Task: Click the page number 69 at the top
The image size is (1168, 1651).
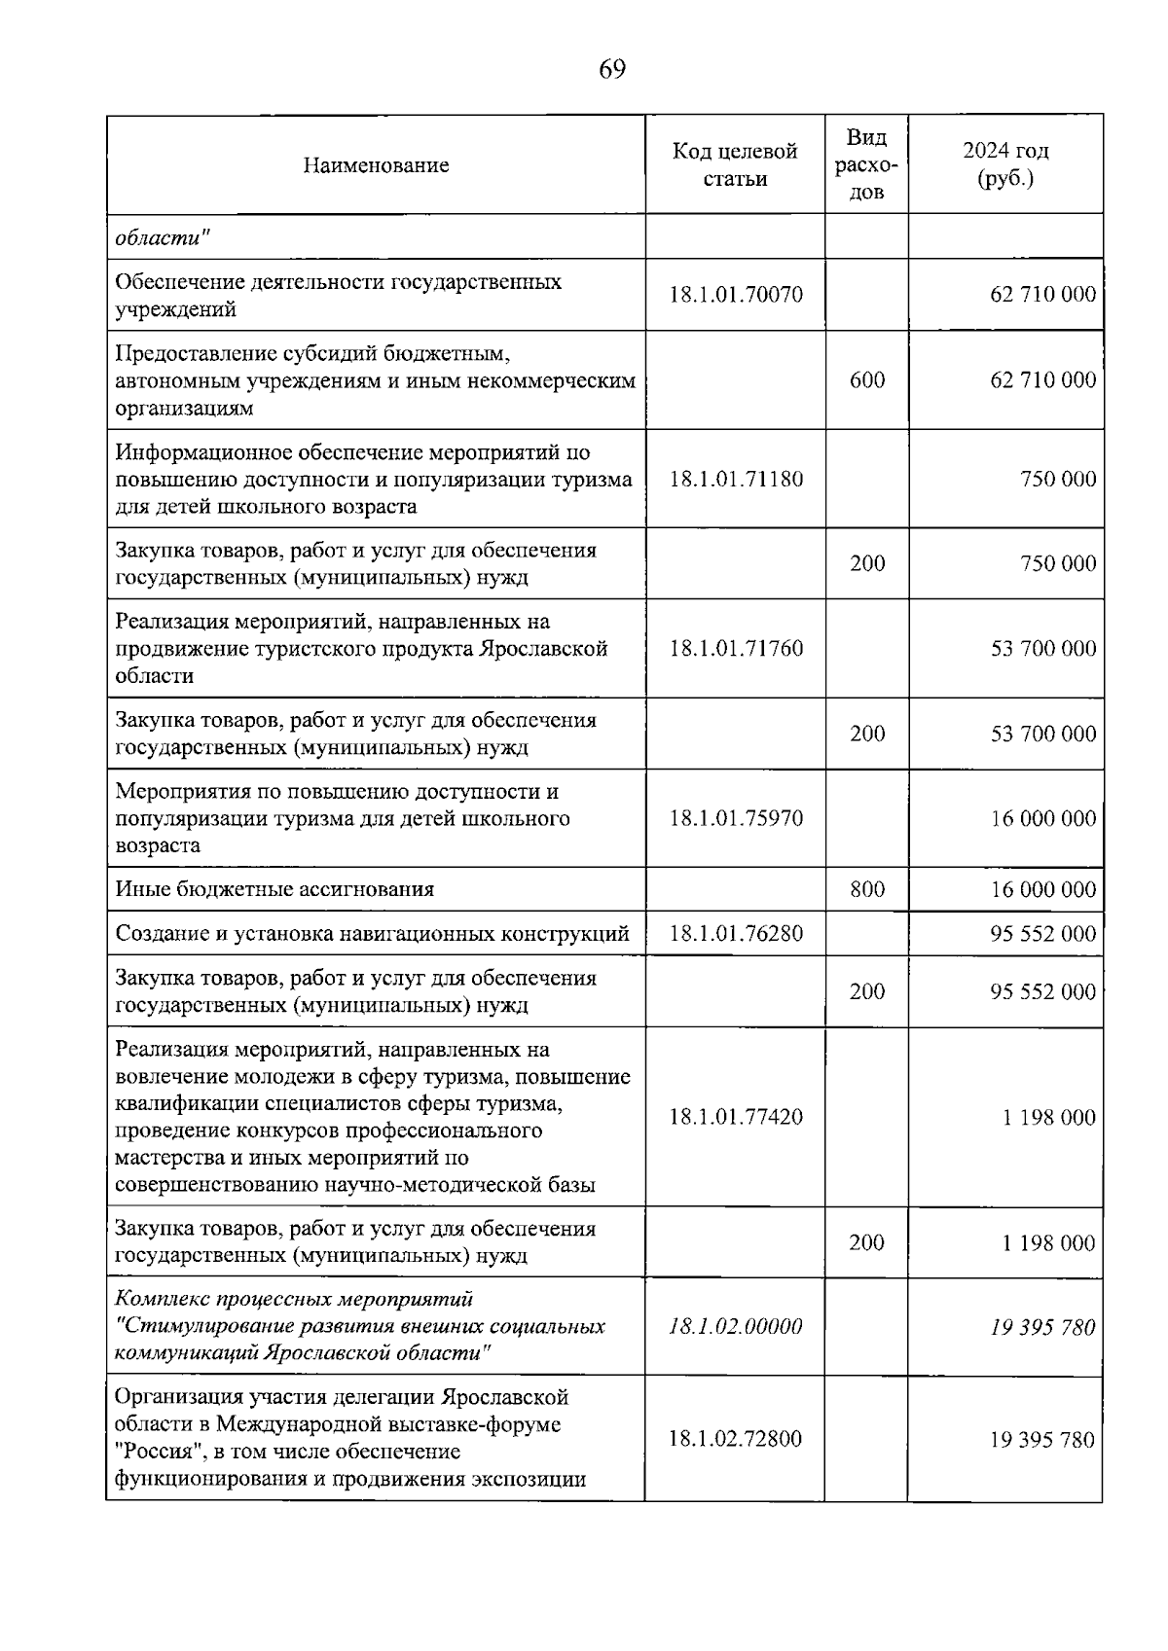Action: (x=612, y=70)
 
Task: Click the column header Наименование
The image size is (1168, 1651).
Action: (x=376, y=165)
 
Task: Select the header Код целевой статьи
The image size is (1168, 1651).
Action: (x=735, y=165)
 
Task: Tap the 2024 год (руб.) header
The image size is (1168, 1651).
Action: (x=1005, y=165)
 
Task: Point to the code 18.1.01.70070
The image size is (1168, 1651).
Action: (x=736, y=295)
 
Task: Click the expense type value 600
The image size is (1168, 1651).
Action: (x=866, y=380)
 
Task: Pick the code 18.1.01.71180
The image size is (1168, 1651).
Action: (x=736, y=479)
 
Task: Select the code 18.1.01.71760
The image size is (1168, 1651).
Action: (x=736, y=649)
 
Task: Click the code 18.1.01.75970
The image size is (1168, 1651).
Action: (x=736, y=818)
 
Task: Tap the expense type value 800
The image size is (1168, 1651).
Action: (x=866, y=889)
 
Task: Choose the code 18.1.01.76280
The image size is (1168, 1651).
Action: (x=736, y=934)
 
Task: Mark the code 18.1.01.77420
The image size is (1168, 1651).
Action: (x=736, y=1117)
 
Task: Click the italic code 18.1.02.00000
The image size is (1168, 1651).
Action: (x=736, y=1327)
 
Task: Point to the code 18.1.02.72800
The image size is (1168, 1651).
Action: (x=736, y=1439)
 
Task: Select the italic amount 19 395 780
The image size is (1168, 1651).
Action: (x=1042, y=1327)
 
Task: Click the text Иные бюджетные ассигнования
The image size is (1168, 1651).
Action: (x=274, y=889)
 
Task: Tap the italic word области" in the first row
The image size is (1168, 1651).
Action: (x=163, y=237)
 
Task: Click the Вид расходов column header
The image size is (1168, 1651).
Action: (x=866, y=164)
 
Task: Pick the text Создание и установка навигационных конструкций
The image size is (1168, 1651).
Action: (x=372, y=934)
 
